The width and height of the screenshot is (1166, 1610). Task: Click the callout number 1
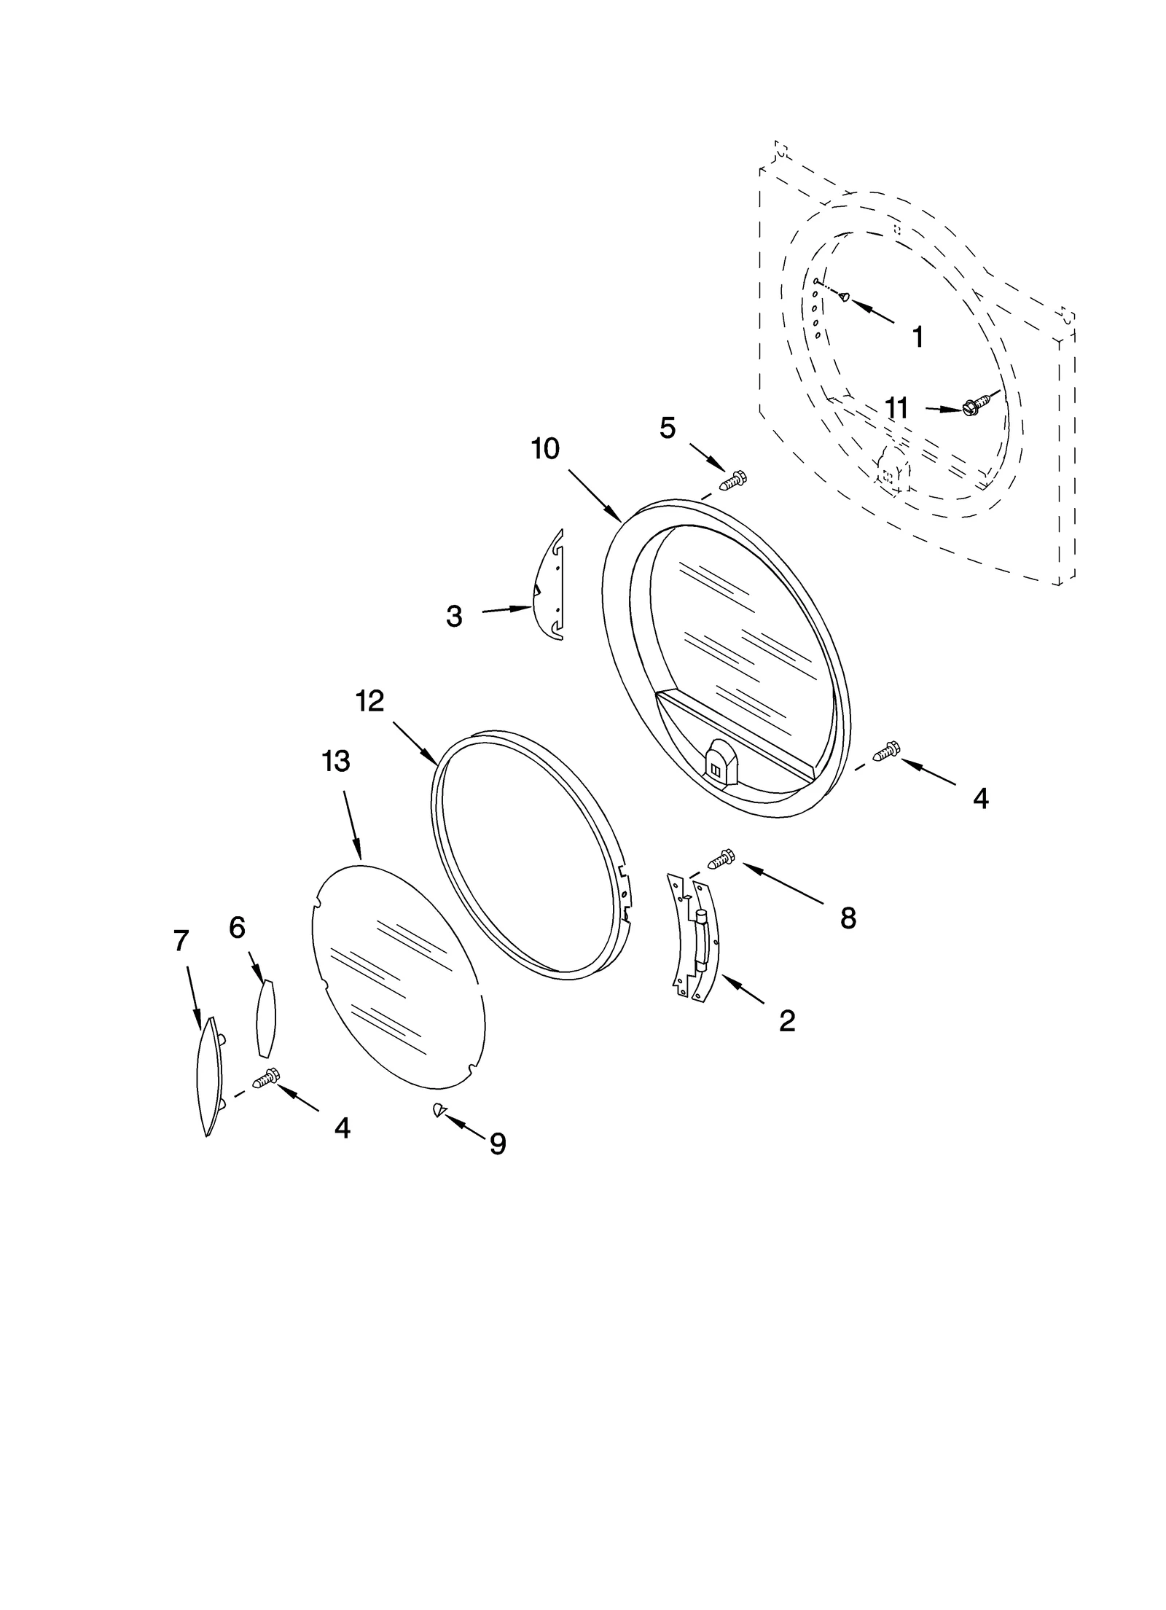click(x=917, y=337)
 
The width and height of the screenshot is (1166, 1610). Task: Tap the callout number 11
click(x=896, y=408)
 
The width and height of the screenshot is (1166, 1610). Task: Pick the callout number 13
click(x=336, y=761)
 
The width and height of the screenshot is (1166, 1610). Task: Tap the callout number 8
click(x=848, y=918)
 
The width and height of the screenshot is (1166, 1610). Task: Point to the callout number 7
click(x=181, y=940)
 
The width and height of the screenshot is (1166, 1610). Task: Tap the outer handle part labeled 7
click(x=209, y=1074)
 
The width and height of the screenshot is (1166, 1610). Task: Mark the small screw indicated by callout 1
click(x=843, y=296)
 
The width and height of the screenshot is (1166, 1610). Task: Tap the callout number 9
click(x=497, y=1144)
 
